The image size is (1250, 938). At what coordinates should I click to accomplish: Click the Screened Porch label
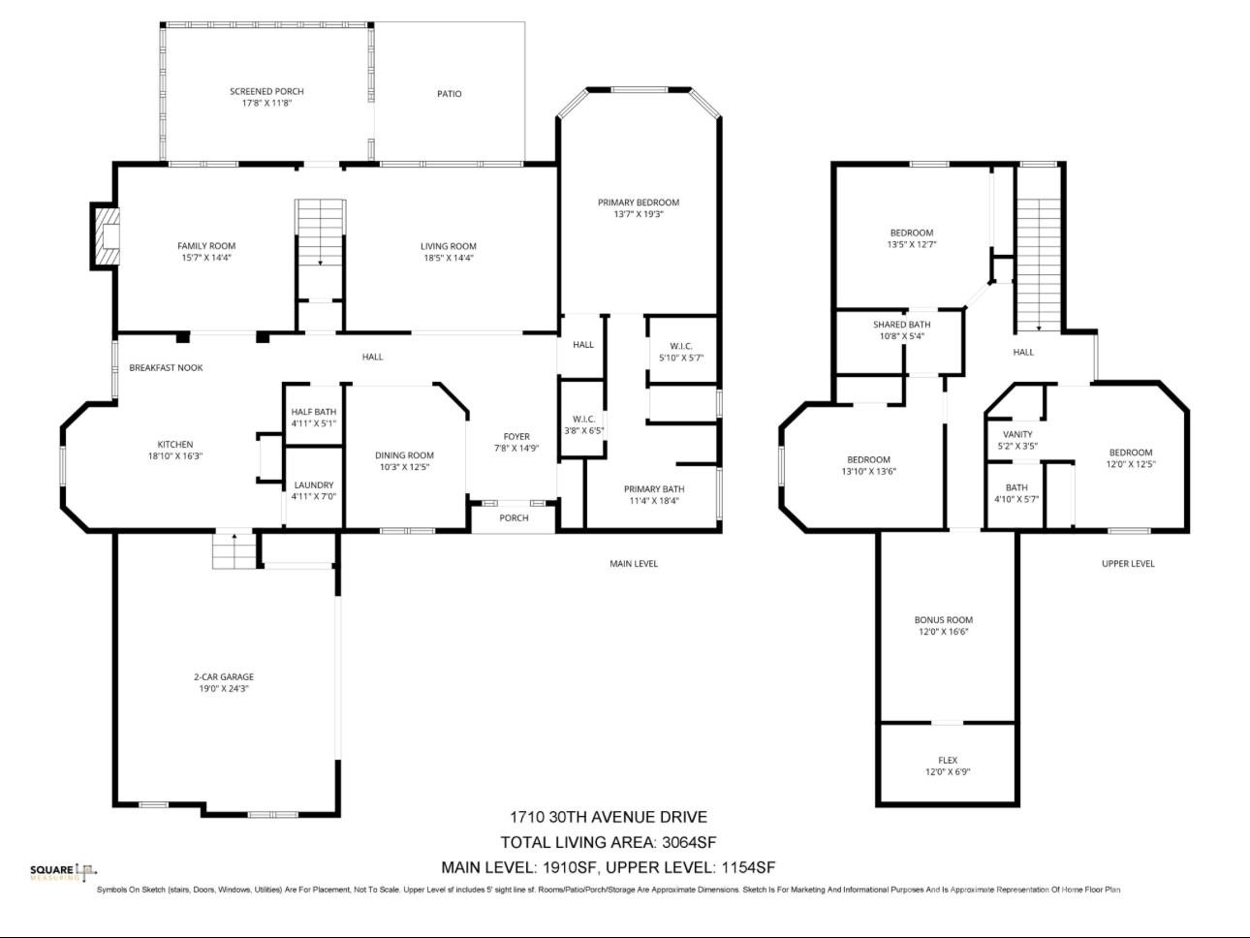coord(266,91)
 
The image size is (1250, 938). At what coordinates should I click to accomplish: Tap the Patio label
coord(449,94)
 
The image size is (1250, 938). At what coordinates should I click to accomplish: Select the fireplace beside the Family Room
coord(106,236)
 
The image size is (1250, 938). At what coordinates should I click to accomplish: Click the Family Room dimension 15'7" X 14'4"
coord(205,258)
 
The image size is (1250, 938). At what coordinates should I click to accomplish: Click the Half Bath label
coord(313,412)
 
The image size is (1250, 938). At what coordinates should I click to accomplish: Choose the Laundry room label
coord(313,485)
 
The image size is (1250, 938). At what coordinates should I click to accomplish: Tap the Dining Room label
coord(404,455)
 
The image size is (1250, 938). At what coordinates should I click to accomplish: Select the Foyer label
coord(516,436)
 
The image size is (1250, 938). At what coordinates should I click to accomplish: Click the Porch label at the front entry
coord(514,517)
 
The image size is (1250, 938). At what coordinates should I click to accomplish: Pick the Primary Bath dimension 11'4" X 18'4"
coord(654,501)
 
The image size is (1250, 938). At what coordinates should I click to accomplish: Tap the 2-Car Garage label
coord(224,677)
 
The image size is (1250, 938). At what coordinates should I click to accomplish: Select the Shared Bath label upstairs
coord(901,325)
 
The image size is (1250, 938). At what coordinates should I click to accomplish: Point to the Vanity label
coord(1017,434)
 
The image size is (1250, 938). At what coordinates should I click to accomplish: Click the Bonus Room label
coord(943,620)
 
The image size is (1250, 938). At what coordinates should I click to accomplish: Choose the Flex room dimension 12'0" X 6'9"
coord(948,772)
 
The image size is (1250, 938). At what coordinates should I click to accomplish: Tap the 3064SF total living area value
coord(689,842)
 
